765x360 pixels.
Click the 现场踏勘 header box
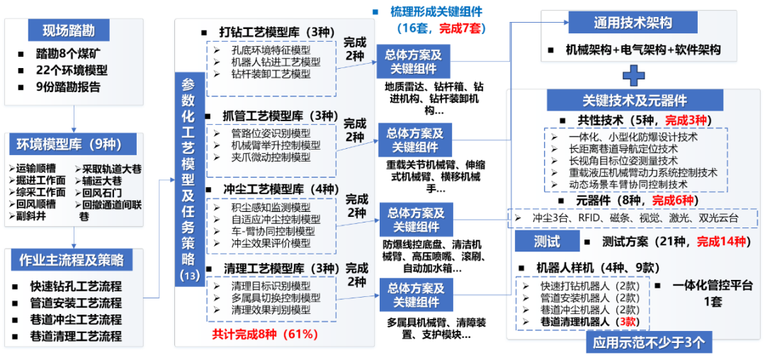click(69, 30)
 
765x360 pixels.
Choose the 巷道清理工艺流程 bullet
click(75, 336)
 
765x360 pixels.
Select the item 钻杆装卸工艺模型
click(271, 74)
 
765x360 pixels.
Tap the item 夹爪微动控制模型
click(271, 157)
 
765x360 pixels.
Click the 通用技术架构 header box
click(633, 23)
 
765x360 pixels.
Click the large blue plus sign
click(633, 74)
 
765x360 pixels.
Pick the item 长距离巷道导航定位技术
click(623, 149)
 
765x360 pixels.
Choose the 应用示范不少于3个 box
click(645, 343)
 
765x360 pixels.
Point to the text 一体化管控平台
click(713, 285)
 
